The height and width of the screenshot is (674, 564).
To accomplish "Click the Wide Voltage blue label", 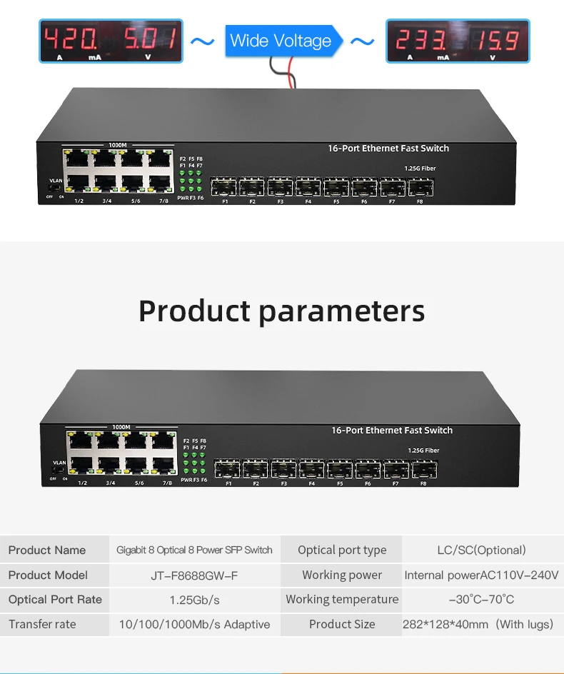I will coord(281,41).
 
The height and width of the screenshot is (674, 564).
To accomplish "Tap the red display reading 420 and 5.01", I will coord(111,41).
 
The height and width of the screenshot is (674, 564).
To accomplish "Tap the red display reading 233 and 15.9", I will coord(458,41).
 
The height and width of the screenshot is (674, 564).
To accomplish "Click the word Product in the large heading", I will coord(194,311).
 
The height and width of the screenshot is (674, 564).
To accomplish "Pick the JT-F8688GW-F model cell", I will coord(194,575).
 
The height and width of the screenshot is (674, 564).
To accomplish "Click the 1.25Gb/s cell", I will coord(194,600).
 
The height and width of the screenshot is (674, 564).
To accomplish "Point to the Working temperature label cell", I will coord(342,600).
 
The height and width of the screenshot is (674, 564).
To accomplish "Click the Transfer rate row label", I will coord(43,625).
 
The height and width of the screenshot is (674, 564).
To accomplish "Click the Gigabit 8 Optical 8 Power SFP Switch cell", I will coord(194,550).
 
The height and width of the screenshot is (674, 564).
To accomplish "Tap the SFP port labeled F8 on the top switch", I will coord(419,188).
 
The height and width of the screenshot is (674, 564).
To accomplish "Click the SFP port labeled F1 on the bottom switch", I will coord(228,470).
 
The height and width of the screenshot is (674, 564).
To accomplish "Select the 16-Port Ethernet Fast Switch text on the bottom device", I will coord(391,431).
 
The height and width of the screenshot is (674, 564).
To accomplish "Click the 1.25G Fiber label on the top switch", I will coord(420,168).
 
